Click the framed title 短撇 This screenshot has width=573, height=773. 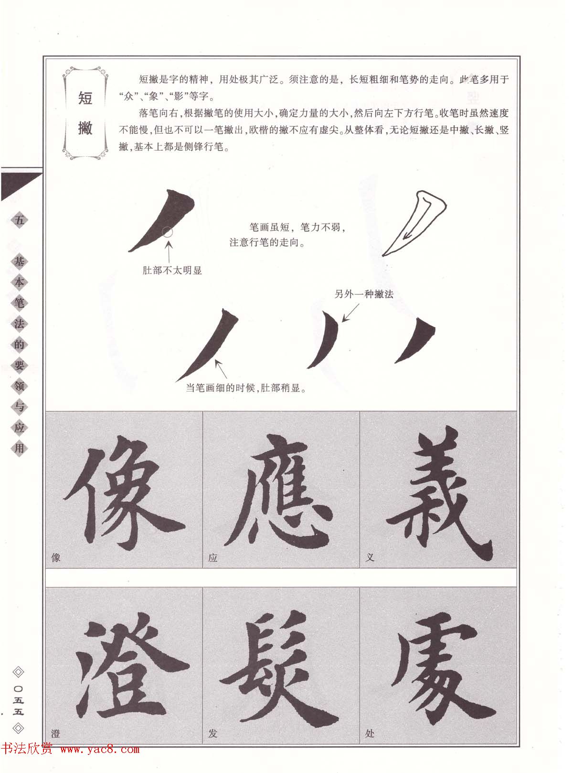pyautogui.click(x=85, y=113)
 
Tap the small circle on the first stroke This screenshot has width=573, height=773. pyautogui.click(x=168, y=232)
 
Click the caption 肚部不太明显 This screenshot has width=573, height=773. pyautogui.click(x=172, y=271)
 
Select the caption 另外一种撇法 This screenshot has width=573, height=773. pyautogui.click(x=364, y=294)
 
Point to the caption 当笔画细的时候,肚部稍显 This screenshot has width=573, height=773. pyautogui.click(x=245, y=388)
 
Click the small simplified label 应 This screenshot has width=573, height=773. pyautogui.click(x=213, y=557)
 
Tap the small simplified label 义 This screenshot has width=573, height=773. pyautogui.click(x=369, y=557)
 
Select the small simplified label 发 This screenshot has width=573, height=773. pyautogui.click(x=213, y=733)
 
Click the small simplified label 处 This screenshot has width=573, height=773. pyautogui.click(x=369, y=733)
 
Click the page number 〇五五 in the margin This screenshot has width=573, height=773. pyautogui.click(x=19, y=701)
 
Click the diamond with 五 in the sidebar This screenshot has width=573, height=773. pyautogui.click(x=19, y=220)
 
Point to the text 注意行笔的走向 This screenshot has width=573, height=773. pyautogui.click(x=267, y=242)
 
